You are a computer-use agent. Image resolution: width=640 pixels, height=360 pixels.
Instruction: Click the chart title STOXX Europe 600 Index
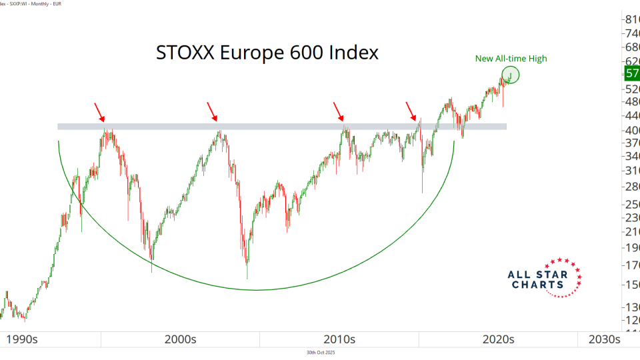[267, 53]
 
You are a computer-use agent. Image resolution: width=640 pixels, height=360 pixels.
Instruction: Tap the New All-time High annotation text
[511, 59]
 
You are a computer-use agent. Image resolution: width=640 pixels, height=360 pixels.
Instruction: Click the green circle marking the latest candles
[510, 75]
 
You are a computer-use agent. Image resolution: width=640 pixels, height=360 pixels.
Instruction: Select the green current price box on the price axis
[631, 74]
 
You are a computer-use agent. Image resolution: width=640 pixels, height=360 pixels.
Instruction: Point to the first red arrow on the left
[99, 111]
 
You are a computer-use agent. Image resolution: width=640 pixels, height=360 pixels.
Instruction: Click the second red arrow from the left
[211, 111]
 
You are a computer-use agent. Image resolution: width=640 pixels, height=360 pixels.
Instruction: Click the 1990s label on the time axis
[23, 339]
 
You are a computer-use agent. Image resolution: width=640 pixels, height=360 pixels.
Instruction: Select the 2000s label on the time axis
[181, 339]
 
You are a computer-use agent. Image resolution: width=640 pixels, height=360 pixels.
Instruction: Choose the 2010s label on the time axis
[339, 339]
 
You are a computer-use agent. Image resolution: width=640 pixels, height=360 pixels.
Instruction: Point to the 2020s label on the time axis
[498, 339]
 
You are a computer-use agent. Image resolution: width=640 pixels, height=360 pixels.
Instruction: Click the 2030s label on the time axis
[604, 339]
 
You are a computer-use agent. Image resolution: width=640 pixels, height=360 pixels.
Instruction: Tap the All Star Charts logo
[544, 278]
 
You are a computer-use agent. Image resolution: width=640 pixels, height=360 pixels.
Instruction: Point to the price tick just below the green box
[631, 89]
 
